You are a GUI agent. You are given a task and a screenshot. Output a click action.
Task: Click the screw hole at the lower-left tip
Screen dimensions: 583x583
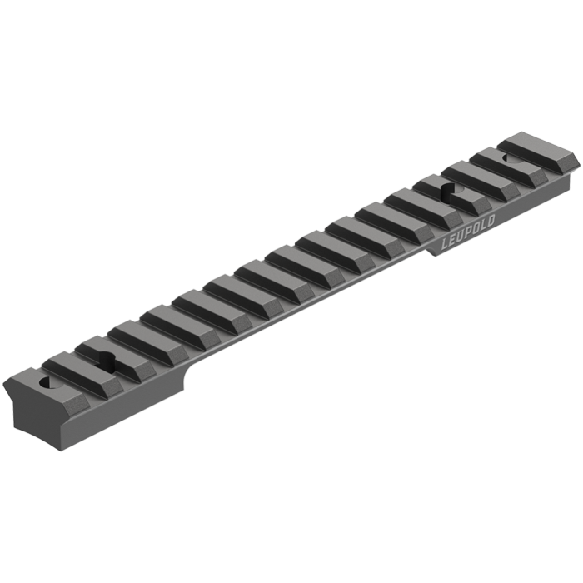pos(47,385)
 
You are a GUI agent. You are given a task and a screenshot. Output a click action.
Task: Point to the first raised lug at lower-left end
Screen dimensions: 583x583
pos(67,366)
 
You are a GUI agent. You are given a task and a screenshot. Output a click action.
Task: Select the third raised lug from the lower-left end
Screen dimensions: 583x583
pos(137,335)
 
